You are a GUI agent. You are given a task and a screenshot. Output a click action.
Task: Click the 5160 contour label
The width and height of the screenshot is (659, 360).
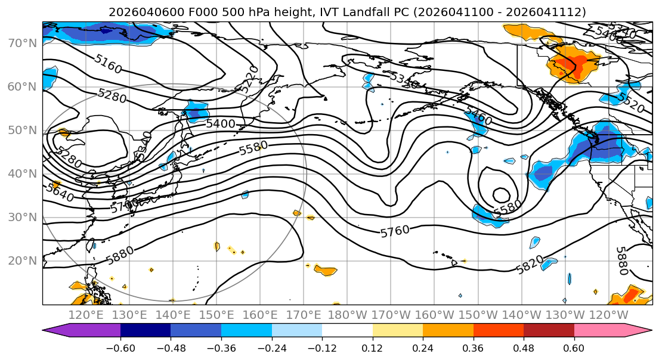[x=108, y=64]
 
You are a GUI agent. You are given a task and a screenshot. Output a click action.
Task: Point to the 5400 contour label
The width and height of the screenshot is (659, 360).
[x=220, y=124]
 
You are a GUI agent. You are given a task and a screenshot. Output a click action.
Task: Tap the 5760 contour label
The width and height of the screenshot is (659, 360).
[x=395, y=231]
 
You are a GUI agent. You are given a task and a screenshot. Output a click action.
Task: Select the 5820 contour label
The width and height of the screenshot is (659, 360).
[x=530, y=265]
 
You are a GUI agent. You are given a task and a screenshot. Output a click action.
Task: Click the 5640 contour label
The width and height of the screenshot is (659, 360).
[x=60, y=193]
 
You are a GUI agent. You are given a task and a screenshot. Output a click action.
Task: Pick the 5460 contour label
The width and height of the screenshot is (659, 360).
[x=478, y=116]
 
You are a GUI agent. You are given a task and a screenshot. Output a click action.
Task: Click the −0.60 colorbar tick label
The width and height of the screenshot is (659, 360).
[x=120, y=347]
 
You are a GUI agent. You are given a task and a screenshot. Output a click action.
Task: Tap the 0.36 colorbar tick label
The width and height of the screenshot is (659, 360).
[x=473, y=347]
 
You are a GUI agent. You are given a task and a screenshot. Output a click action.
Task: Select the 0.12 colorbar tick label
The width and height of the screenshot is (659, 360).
[x=372, y=347]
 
